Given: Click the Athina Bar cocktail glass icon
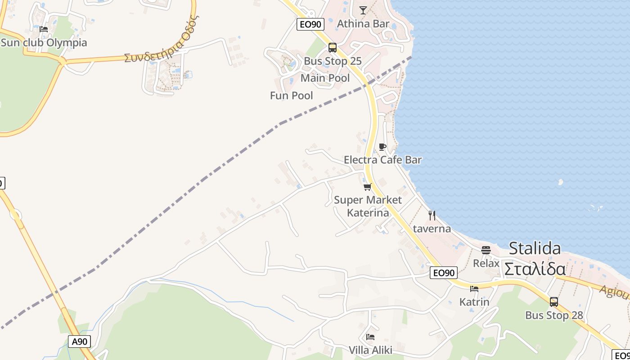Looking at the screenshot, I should pyautogui.click(x=363, y=10).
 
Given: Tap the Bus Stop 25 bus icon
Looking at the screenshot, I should pyautogui.click(x=333, y=47).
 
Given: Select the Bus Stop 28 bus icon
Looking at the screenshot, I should pyautogui.click(x=554, y=301).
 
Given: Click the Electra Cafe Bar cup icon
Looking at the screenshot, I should pyautogui.click(x=382, y=147).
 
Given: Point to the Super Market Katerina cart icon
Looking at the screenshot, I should pyautogui.click(x=368, y=187).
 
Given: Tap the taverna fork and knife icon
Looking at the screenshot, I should pyautogui.click(x=432, y=216).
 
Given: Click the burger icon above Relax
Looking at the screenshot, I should pyautogui.click(x=486, y=250).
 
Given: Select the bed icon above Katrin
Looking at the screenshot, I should pyautogui.click(x=474, y=288).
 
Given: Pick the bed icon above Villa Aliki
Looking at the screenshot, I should pyautogui.click(x=370, y=337).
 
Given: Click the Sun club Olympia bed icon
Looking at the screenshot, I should pyautogui.click(x=44, y=29).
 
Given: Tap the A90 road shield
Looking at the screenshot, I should pyautogui.click(x=80, y=342).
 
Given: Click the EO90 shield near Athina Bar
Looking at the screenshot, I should pyautogui.click(x=310, y=24).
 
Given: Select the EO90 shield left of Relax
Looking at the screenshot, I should pyautogui.click(x=444, y=273).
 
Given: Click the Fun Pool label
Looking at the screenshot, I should pyautogui.click(x=292, y=95).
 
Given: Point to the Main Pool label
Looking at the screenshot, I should pyautogui.click(x=325, y=78).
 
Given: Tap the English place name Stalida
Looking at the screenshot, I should pyautogui.click(x=535, y=248).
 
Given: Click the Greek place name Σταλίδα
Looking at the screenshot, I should pyautogui.click(x=535, y=269).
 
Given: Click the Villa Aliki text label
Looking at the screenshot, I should pyautogui.click(x=370, y=350).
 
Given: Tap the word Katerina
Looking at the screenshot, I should pyautogui.click(x=368, y=212).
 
